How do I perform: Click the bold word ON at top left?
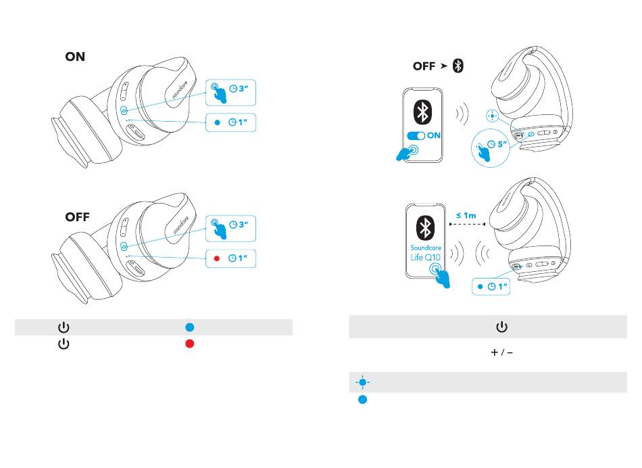coord(75,57)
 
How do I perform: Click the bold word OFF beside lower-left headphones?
coord(77,218)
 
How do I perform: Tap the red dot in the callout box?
coord(217,259)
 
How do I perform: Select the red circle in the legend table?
coord(190,343)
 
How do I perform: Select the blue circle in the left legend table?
coord(190,327)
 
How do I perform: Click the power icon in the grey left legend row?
coord(63,327)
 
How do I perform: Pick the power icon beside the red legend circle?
coord(63,343)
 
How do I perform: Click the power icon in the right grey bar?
coord(501,327)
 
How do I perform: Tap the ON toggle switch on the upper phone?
coord(416,135)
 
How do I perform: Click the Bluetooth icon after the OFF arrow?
coord(458,66)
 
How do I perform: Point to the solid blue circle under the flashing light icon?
coord(362,400)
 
